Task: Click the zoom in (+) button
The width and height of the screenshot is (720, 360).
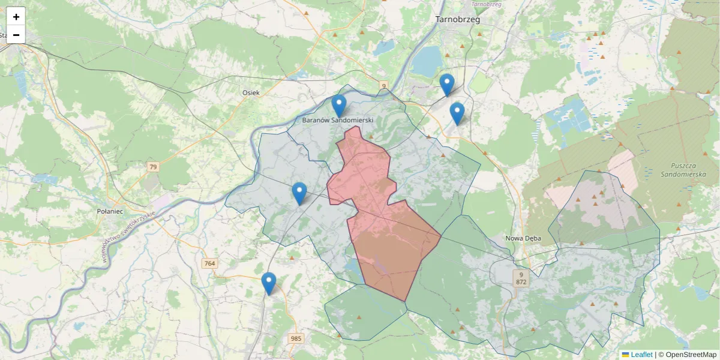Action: click(x=16, y=17)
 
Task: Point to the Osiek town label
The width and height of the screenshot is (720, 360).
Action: click(x=250, y=92)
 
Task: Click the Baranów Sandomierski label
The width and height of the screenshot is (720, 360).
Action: click(x=338, y=121)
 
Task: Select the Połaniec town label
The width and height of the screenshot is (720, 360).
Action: click(x=109, y=211)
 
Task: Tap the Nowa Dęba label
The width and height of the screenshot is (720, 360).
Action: click(x=523, y=238)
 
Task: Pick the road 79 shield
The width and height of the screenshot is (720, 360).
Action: click(x=153, y=167)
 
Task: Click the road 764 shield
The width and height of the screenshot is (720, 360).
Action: click(x=209, y=263)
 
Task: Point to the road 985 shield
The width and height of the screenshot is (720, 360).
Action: click(x=296, y=338)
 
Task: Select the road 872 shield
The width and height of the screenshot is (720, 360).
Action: click(x=521, y=281)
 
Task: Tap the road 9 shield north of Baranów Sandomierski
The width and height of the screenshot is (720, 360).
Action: click(x=383, y=87)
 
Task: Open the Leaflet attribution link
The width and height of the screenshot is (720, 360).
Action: click(x=641, y=355)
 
